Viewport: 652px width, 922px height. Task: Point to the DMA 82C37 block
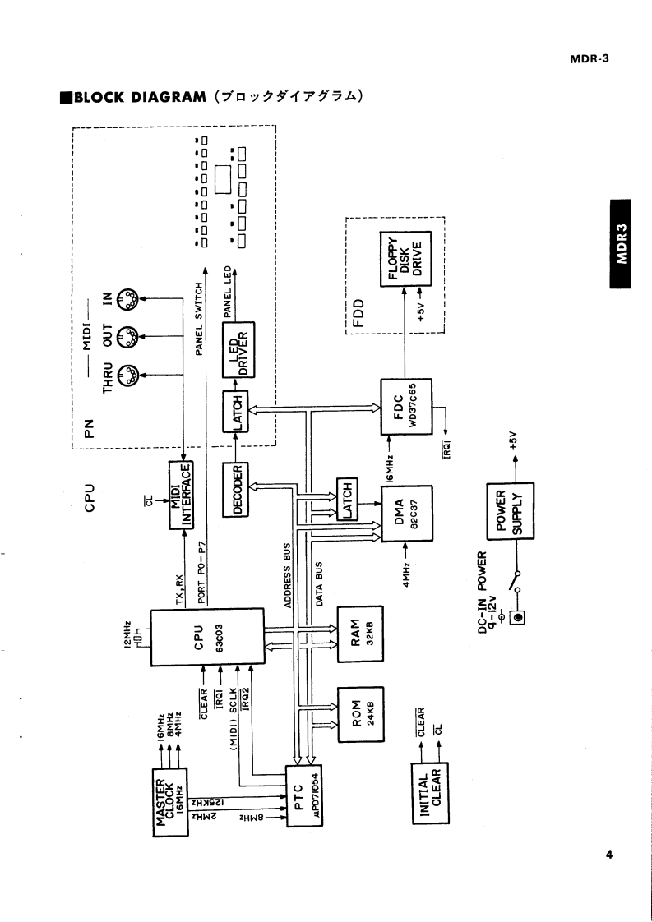click(x=407, y=514)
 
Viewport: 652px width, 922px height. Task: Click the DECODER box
click(x=237, y=489)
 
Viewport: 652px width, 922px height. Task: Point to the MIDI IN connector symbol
click(x=128, y=302)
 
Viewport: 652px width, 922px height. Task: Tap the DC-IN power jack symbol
click(x=519, y=615)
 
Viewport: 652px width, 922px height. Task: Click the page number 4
click(x=608, y=855)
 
